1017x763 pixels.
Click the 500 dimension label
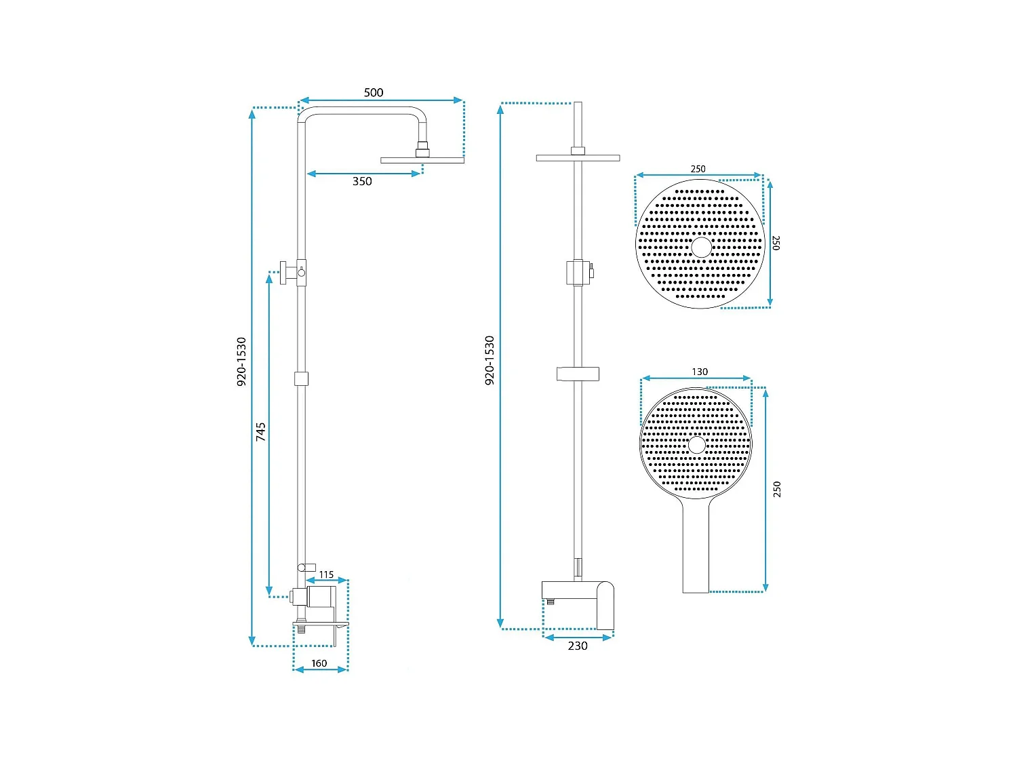coord(374,92)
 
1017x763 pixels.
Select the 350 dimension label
coord(362,181)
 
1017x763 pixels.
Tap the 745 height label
coord(261,432)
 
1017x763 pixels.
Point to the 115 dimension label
coord(326,574)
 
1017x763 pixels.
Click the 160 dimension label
coord(319,663)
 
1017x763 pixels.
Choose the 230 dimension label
coord(578,646)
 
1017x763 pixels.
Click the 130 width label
coord(700,372)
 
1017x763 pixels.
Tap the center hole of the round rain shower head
coord(701,247)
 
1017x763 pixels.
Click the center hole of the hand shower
coord(697,445)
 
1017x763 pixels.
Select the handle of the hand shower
coord(696,549)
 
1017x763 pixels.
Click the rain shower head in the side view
coord(422,160)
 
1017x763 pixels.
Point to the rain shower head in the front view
coord(578,158)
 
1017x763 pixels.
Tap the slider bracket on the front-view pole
coord(578,373)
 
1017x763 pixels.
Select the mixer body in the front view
coord(578,597)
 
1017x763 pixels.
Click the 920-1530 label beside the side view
coord(241,362)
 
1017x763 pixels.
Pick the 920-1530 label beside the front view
coord(490,361)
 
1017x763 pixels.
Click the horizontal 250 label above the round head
coord(698,169)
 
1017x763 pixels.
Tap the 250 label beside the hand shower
coord(777,489)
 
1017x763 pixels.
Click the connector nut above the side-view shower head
coord(422,149)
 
